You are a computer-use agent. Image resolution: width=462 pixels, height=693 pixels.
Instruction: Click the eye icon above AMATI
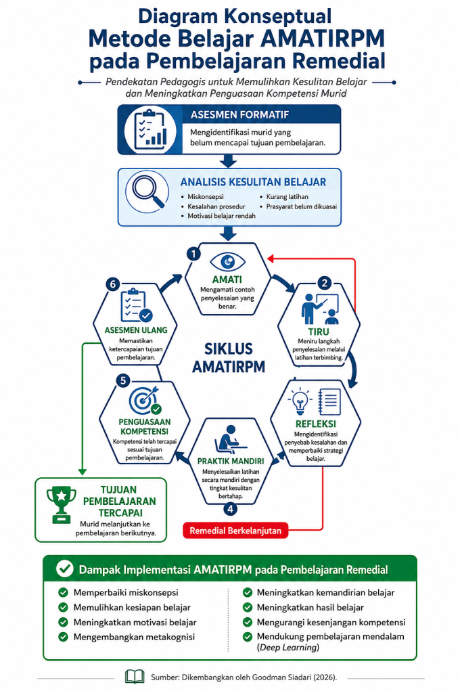tap(227, 262)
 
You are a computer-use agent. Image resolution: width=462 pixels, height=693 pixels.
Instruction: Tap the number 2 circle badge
tap(325, 283)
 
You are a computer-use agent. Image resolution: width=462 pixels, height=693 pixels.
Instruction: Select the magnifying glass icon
tap(147, 191)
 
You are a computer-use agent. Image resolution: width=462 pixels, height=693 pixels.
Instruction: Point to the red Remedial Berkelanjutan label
tap(235, 531)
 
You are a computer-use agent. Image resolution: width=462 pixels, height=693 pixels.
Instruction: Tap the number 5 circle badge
tap(123, 380)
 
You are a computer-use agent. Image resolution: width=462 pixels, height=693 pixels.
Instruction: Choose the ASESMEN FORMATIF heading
tap(239, 115)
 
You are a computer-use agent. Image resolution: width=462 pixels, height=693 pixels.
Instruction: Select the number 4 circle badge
tap(230, 509)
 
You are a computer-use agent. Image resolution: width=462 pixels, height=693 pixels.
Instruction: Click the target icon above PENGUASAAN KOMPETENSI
tap(144, 400)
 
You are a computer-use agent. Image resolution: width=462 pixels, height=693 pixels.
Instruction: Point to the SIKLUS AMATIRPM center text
tap(229, 357)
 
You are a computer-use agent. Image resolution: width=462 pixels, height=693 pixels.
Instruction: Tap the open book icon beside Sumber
tap(135, 676)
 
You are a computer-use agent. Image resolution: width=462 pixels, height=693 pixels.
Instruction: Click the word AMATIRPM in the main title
tap(323, 39)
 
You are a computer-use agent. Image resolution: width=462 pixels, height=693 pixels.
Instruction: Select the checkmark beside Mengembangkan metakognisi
tap(63, 637)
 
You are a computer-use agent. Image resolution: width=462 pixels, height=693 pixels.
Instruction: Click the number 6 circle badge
tap(113, 284)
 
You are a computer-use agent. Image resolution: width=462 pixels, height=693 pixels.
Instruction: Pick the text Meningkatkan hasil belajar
tap(310, 607)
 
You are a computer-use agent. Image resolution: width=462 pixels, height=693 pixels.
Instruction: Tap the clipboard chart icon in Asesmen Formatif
tap(150, 129)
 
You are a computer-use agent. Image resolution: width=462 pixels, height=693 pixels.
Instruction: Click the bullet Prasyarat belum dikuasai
tap(301, 206)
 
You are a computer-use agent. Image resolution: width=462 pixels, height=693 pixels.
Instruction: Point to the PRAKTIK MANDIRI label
tap(230, 461)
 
